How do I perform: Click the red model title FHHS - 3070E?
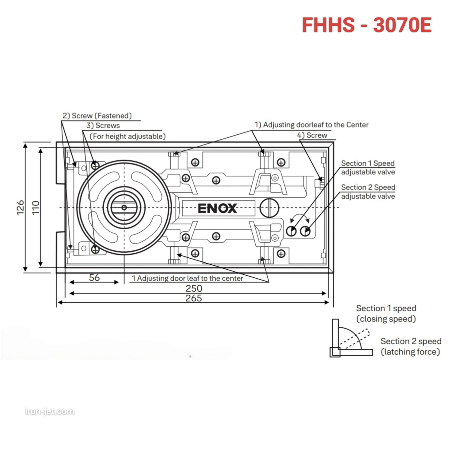[x=366, y=25]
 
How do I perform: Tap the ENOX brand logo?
[x=217, y=208]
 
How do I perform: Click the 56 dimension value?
[x=94, y=277]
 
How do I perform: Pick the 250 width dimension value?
[x=194, y=288]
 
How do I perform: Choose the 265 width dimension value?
[x=194, y=298]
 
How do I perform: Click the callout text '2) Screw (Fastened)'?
[x=97, y=116]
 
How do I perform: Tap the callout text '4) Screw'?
[x=312, y=135]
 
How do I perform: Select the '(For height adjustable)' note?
[x=128, y=136]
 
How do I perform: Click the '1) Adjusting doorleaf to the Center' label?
[x=311, y=125]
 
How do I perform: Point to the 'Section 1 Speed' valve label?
[x=368, y=163]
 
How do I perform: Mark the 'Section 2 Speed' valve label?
[x=368, y=187]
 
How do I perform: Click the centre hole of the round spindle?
[x=124, y=207]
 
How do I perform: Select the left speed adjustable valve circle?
[x=291, y=231]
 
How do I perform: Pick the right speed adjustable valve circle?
[x=305, y=231]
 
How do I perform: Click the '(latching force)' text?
[x=410, y=352]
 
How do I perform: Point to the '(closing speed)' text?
[x=386, y=319]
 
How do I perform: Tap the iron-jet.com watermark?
[x=50, y=411]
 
